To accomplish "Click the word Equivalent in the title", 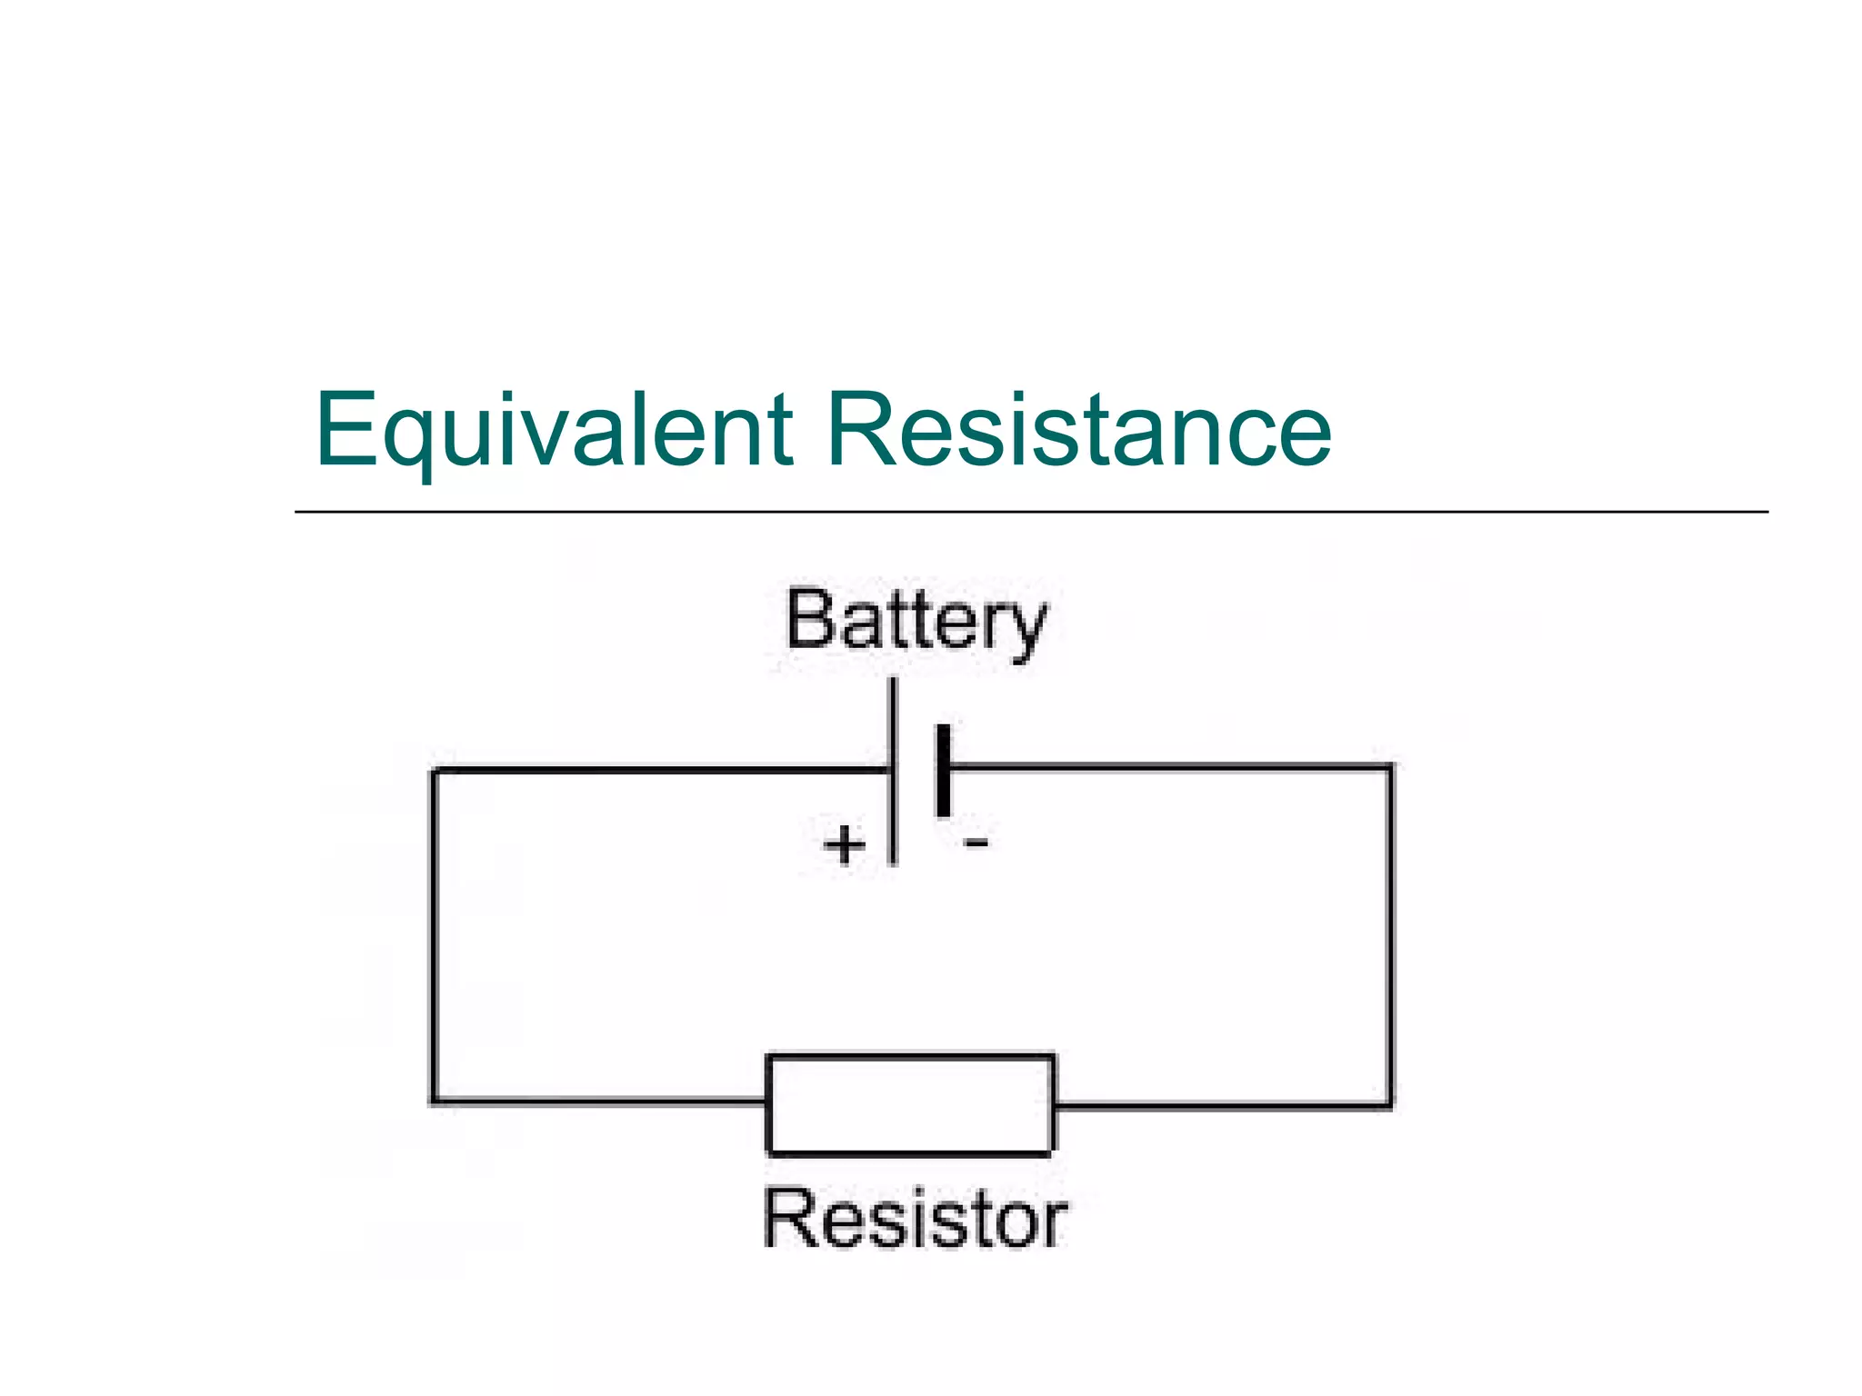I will pos(553,429).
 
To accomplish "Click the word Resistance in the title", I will pos(1078,429).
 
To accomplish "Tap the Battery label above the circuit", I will pos(916,623).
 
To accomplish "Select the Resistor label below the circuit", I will pos(915,1219).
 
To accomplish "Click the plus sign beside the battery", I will pos(845,844).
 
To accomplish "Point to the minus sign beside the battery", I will pos(976,843).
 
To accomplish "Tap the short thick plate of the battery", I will pos(944,771).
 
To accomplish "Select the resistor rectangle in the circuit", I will pos(910,1104).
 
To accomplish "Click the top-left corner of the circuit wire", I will pos(435,772).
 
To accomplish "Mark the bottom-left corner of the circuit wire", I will pos(435,1102).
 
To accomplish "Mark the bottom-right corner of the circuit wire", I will pos(1389,1105).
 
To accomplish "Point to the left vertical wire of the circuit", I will pos(435,936).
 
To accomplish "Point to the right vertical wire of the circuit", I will pos(1389,936).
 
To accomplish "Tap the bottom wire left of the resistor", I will pos(600,1102).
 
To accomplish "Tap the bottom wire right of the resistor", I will pos(1223,1106).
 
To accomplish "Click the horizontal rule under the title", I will pos(1031,512).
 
